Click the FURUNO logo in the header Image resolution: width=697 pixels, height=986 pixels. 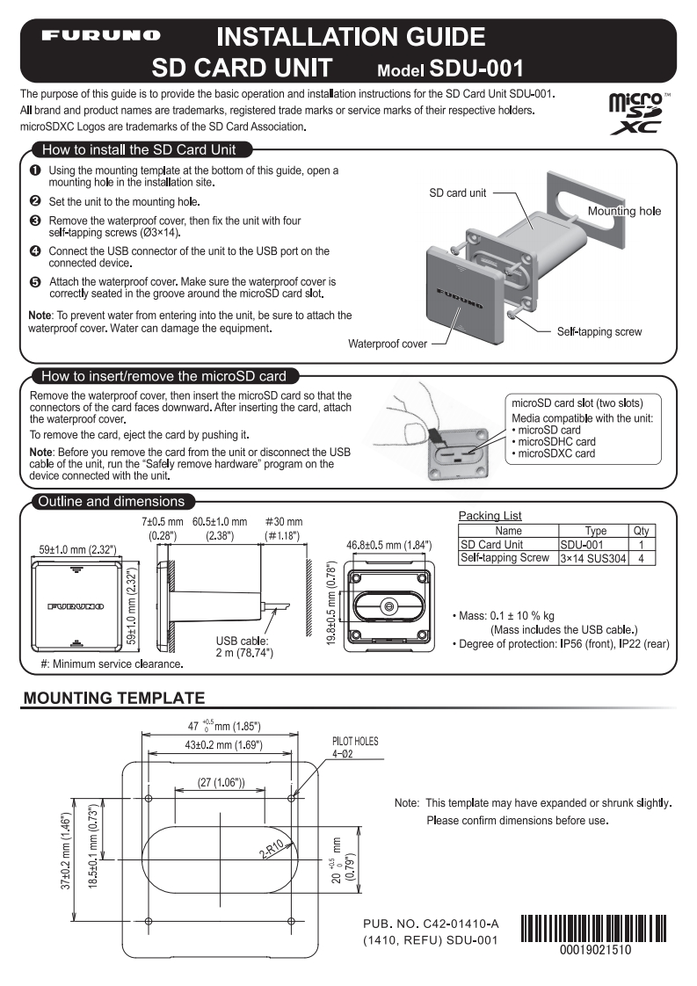tap(104, 36)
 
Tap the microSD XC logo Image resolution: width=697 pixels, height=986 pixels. tap(639, 112)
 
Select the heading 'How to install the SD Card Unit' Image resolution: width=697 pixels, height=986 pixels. tap(140, 149)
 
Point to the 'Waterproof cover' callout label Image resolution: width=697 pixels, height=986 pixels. tap(388, 344)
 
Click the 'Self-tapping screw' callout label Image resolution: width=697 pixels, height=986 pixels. tap(599, 331)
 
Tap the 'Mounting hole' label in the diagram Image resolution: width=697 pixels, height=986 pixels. tap(624, 211)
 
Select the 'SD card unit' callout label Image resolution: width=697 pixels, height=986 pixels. tap(457, 192)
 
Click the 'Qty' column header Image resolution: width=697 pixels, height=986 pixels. tap(641, 531)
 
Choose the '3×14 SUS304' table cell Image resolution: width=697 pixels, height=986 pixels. tap(592, 558)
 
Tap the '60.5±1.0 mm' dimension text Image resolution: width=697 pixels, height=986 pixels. tap(220, 521)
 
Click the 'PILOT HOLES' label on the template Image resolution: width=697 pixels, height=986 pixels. tap(354, 741)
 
